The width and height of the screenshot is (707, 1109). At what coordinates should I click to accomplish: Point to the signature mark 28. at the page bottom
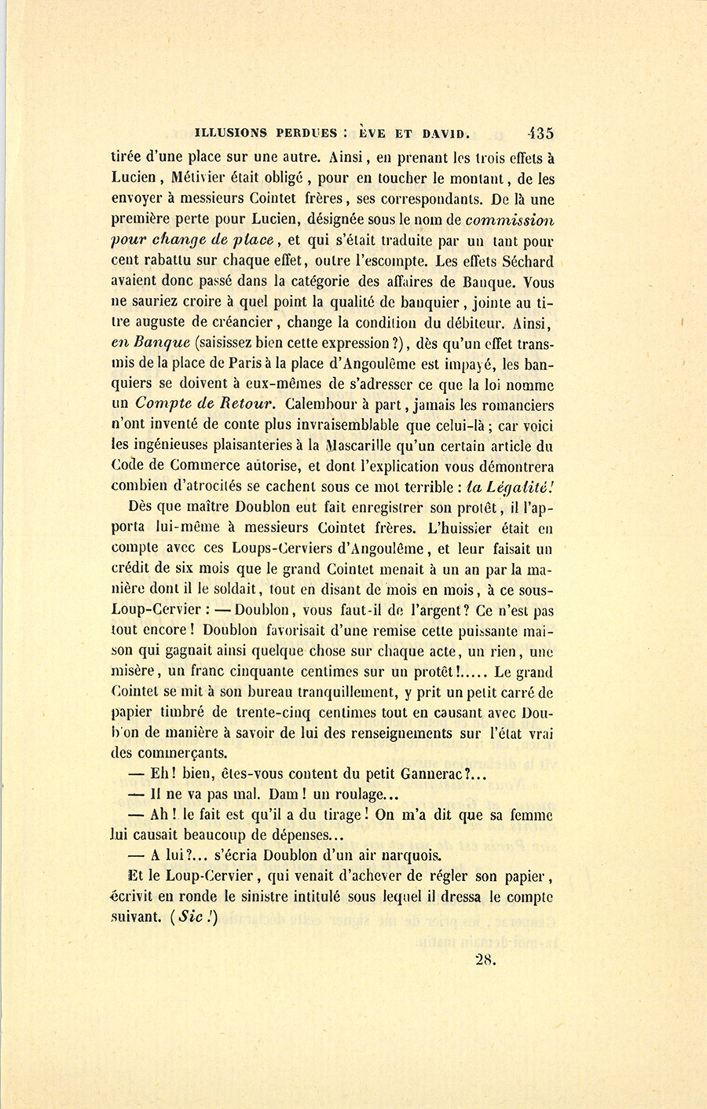tap(486, 959)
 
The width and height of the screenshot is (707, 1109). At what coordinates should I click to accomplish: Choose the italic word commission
tap(510, 220)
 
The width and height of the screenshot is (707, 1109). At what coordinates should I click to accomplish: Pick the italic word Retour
tap(248, 405)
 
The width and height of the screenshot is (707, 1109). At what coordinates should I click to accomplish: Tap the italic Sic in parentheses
tap(190, 916)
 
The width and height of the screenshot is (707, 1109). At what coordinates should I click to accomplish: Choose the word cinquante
tap(249, 672)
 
